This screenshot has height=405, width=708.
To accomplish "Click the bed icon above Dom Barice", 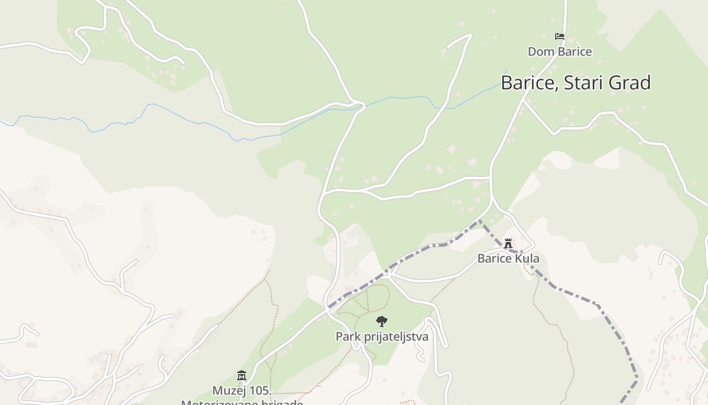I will (x=560, y=36).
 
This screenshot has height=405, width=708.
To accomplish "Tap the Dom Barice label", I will (x=560, y=52).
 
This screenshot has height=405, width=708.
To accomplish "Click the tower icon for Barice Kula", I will (x=508, y=243).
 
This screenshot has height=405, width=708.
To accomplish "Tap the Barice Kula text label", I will (x=508, y=259).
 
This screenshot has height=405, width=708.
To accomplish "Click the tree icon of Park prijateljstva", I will (x=382, y=321).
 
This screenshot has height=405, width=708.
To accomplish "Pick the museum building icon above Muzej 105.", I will (x=242, y=376).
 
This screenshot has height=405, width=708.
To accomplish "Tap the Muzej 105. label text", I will (x=242, y=391).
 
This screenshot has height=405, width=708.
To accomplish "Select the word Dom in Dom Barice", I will (x=538, y=52).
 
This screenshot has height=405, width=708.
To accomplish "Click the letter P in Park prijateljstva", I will (x=339, y=337).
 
